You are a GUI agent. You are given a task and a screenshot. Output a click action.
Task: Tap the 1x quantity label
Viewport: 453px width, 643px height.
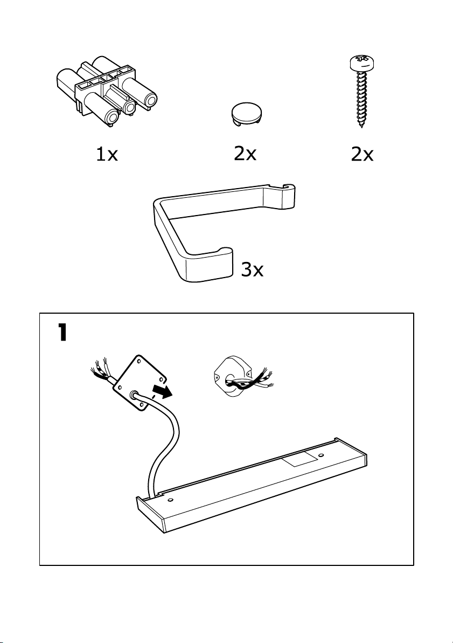[x=106, y=155]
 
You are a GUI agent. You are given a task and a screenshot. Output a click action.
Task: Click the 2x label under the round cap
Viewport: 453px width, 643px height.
[x=245, y=154]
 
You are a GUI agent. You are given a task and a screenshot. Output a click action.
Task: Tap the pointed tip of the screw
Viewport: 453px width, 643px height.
[x=363, y=127]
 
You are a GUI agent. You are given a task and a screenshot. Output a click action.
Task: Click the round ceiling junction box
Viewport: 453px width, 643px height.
[x=233, y=378]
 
